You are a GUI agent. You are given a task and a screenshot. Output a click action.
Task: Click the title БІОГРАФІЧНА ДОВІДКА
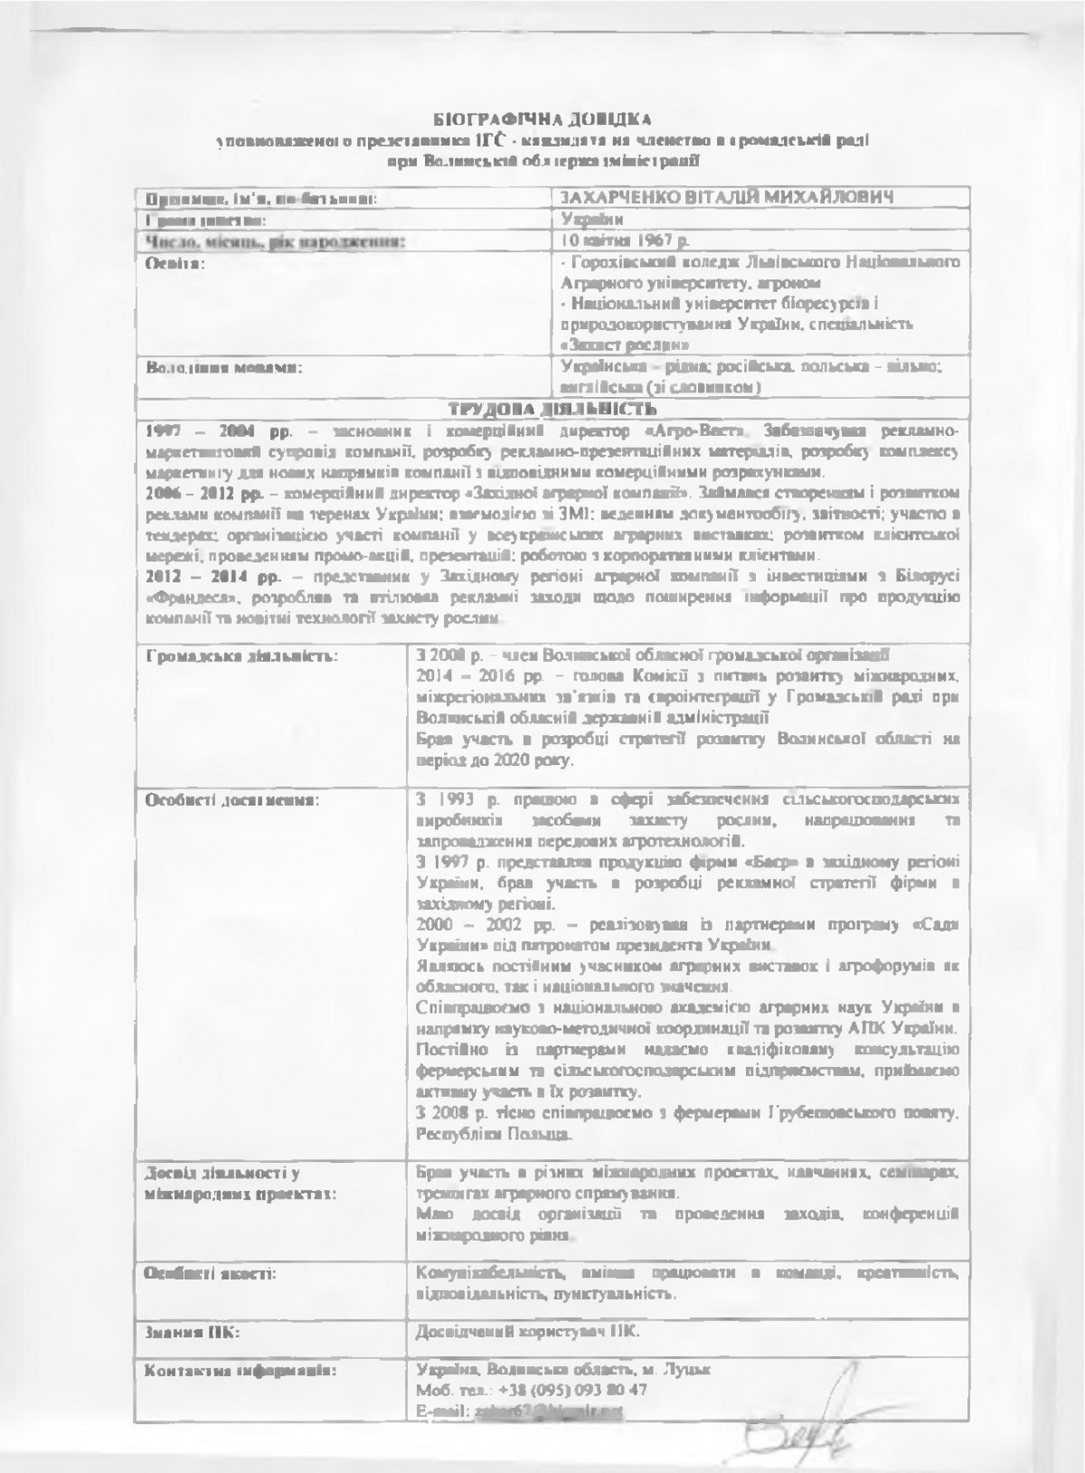[x=542, y=118]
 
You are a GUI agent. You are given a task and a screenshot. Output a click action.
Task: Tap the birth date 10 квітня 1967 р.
[x=624, y=241]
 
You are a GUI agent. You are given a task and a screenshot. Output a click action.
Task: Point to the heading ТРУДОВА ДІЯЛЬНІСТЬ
[x=543, y=409]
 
